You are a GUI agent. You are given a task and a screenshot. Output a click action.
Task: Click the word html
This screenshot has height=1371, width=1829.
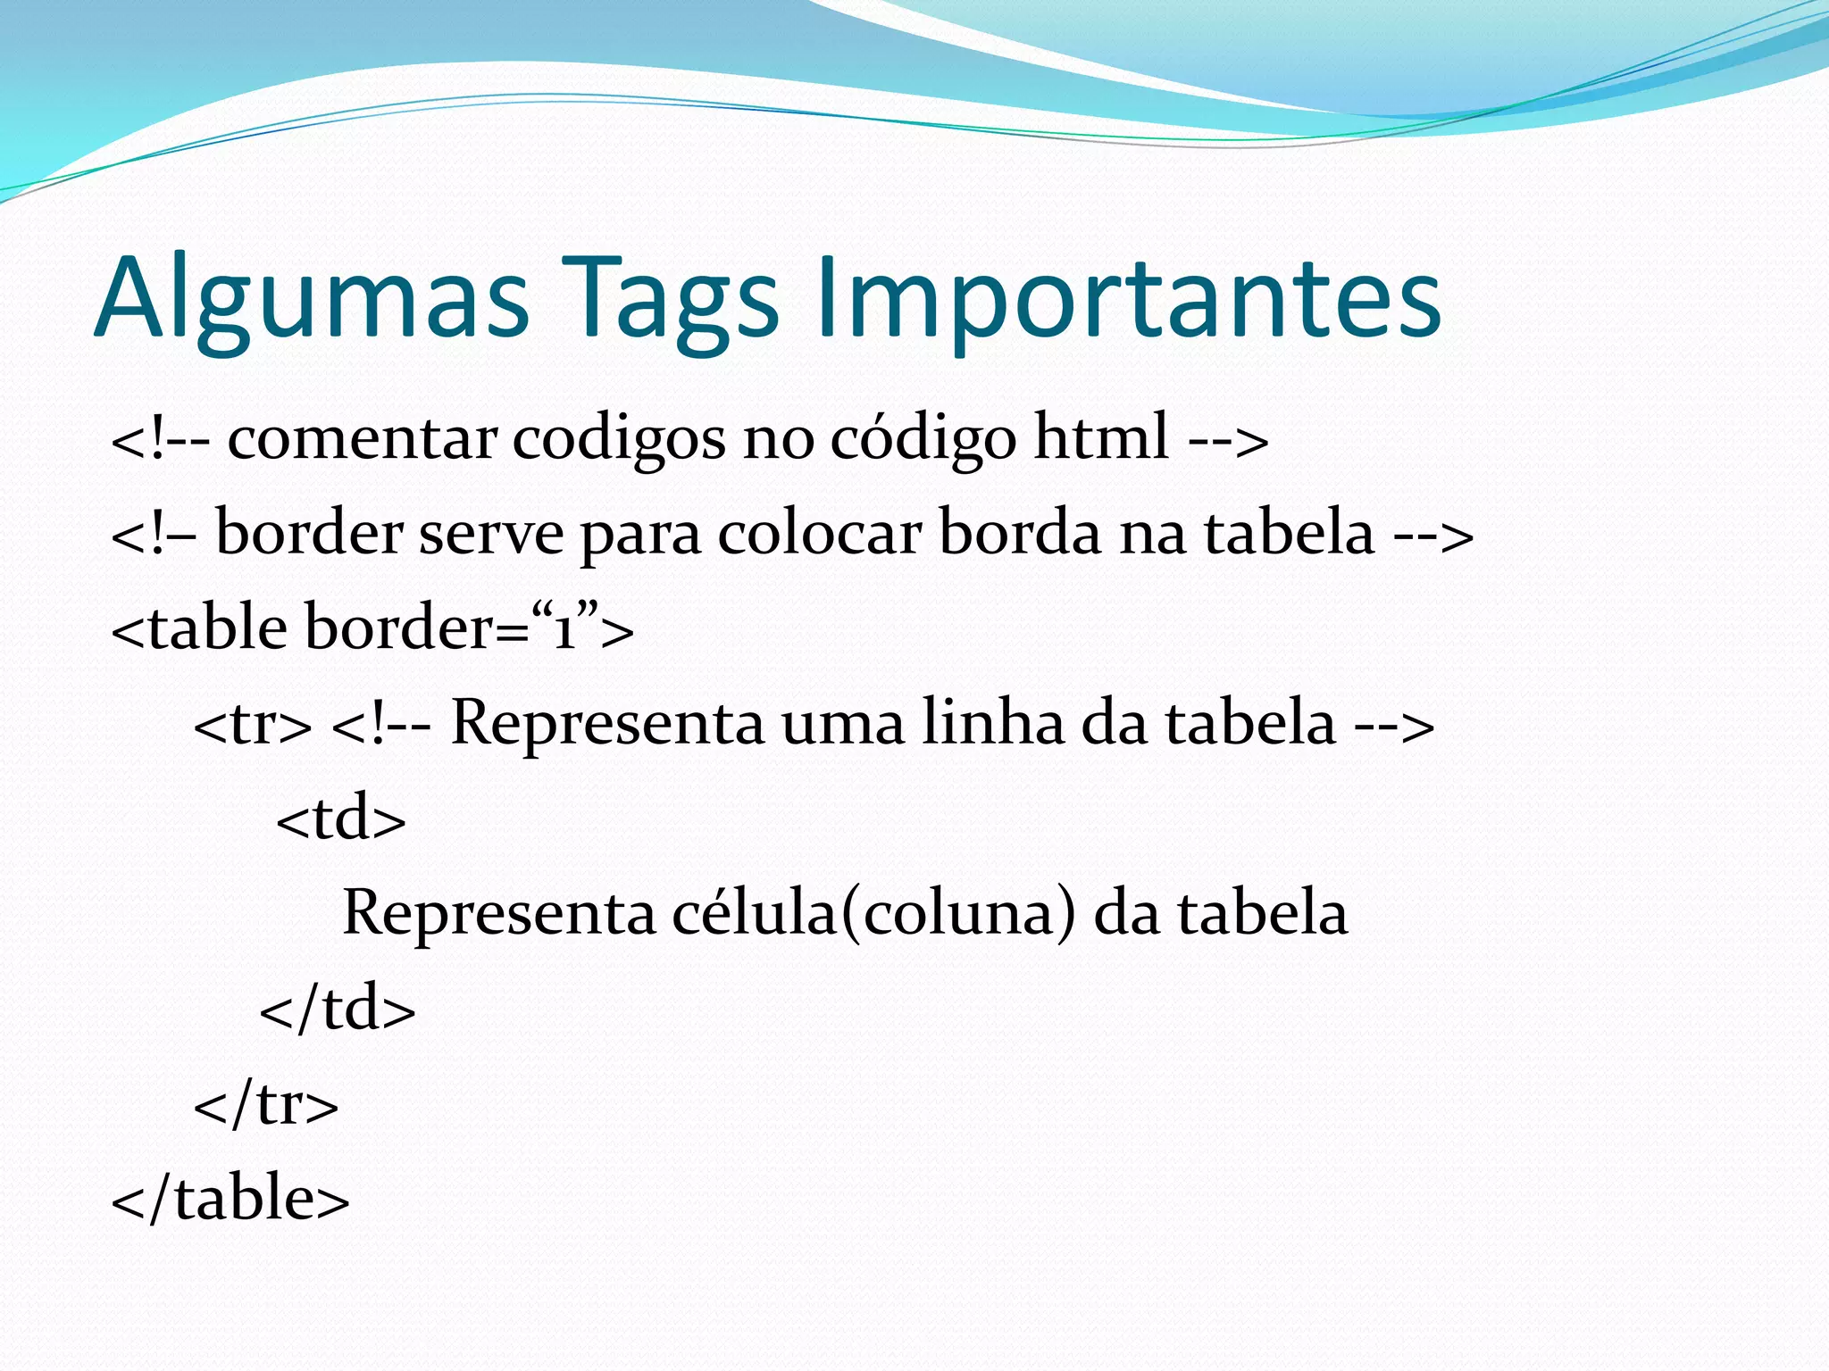point(1101,437)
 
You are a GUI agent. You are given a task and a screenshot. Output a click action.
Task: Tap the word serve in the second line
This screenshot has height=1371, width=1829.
point(491,534)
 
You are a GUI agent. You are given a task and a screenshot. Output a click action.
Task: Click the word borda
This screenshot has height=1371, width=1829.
point(1021,534)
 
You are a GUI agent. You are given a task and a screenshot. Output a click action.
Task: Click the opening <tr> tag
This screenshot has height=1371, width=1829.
point(253,725)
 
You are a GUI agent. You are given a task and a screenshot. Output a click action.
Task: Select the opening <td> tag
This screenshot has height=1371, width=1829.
point(341,819)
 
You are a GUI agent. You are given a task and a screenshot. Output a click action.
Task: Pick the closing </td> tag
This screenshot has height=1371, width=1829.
point(338,1010)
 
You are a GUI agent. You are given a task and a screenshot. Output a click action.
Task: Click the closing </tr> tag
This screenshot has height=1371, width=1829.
point(266,1104)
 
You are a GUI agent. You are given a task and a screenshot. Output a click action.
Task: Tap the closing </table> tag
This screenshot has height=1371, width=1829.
point(230,1199)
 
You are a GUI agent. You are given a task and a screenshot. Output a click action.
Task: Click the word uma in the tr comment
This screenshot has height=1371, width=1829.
point(842,725)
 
